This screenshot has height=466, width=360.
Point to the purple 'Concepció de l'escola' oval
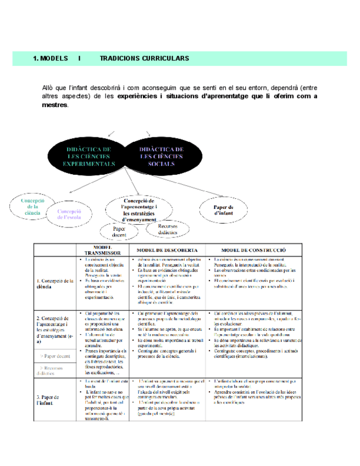pos(69,214)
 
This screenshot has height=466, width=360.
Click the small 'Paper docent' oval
pos(119,231)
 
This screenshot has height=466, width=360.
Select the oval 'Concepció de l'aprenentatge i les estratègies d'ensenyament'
pos(140,209)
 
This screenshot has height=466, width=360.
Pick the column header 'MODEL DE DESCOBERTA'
pos(168,250)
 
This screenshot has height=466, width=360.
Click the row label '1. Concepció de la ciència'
pos(54,283)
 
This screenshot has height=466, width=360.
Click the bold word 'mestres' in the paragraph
pos(55,105)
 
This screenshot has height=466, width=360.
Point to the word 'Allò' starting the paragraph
pos(48,87)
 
